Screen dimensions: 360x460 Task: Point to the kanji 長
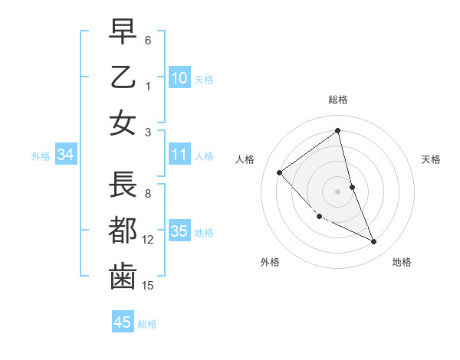[x=123, y=185]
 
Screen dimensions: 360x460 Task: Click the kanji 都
[x=123, y=231]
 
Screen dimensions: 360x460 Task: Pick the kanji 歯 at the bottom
[x=123, y=277]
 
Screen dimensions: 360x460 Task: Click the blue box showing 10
[x=179, y=77]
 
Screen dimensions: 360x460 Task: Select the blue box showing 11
[x=179, y=155]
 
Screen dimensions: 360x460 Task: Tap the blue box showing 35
[x=179, y=231]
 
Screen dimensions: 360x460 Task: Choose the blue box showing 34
[x=66, y=155]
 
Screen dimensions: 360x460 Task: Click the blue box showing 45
[x=123, y=322]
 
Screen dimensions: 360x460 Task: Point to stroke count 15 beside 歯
[x=148, y=286]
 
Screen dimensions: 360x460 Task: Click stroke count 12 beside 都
[x=148, y=240]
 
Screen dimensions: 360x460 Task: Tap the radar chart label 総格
[x=338, y=100]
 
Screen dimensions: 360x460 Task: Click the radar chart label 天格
[x=432, y=159]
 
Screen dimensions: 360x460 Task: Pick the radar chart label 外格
[x=270, y=262]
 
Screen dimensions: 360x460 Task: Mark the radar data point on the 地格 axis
[x=374, y=242]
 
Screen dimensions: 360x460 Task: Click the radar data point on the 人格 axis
[x=280, y=172]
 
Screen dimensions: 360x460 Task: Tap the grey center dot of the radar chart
[x=338, y=191]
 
